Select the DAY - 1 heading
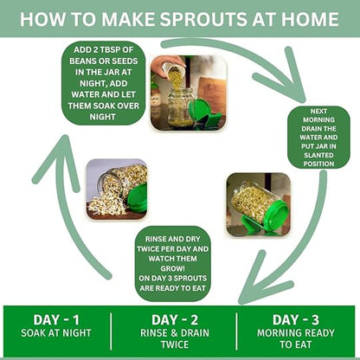tap(56, 319)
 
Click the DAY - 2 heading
tap(176, 319)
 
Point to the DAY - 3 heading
tap(297, 319)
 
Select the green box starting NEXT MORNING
tap(318, 137)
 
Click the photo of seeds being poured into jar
tap(188, 93)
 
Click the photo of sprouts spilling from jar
tap(116, 189)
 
